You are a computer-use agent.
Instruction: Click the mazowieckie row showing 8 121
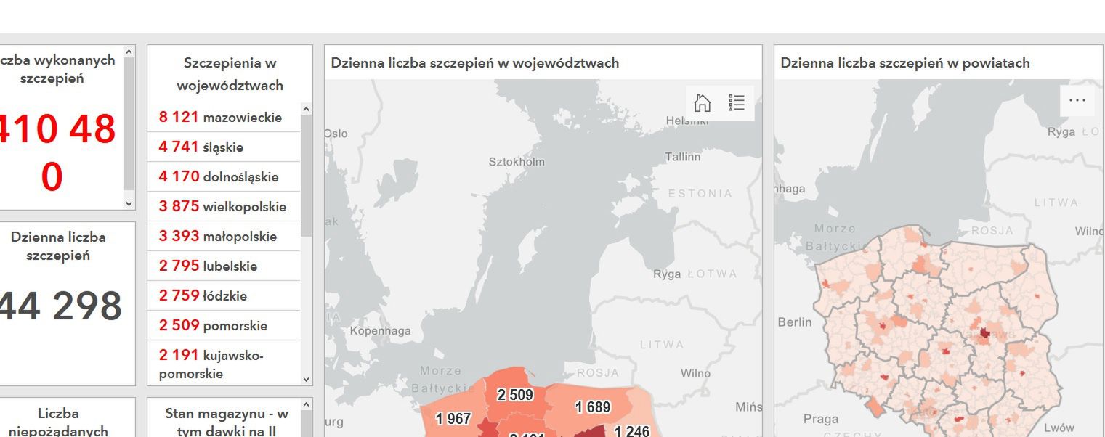221,118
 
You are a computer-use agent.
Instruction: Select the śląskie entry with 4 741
201,147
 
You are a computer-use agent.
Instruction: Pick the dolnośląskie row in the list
219,177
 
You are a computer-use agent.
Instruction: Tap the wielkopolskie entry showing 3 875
222,207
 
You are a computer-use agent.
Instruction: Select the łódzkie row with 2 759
203,296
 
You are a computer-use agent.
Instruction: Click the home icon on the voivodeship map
703,103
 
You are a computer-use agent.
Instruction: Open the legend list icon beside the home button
737,103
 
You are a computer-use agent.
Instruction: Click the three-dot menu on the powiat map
1077,101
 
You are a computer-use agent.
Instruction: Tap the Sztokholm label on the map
516,162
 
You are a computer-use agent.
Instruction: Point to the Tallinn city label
682,157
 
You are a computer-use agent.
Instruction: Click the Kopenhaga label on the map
380,331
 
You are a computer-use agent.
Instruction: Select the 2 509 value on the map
515,396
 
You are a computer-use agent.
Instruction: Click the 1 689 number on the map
593,408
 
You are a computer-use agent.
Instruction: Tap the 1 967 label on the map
453,419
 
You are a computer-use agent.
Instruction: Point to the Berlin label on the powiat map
795,322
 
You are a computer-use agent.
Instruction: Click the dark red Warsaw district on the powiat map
985,333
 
